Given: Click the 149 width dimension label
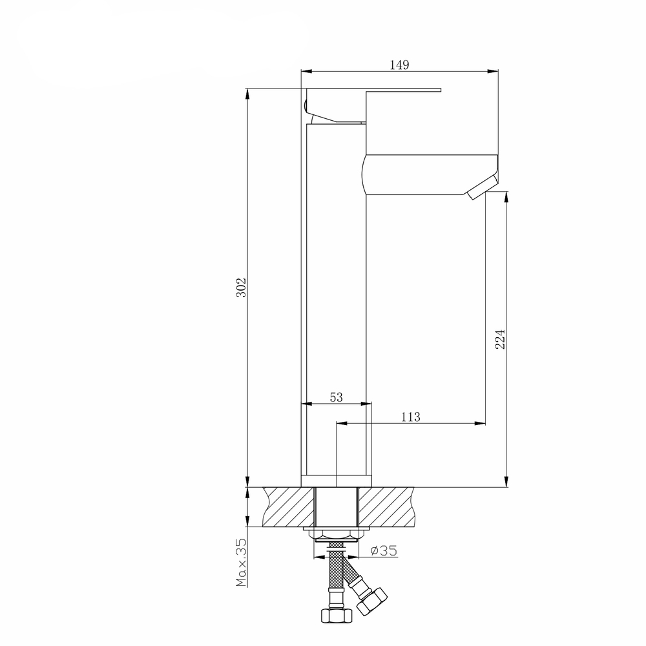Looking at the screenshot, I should tap(399, 64).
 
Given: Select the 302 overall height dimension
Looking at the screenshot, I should tap(240, 287).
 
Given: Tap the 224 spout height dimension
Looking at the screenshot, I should tap(499, 339).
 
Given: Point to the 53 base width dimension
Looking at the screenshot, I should tap(336, 397).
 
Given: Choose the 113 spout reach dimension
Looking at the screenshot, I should tap(410, 417).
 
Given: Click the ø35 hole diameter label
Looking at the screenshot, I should tap(384, 550).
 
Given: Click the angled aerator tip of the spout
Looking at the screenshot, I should tap(481, 188).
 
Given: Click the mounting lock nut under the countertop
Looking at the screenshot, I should tap(335, 533).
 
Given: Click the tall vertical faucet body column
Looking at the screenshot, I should tap(335, 291).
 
